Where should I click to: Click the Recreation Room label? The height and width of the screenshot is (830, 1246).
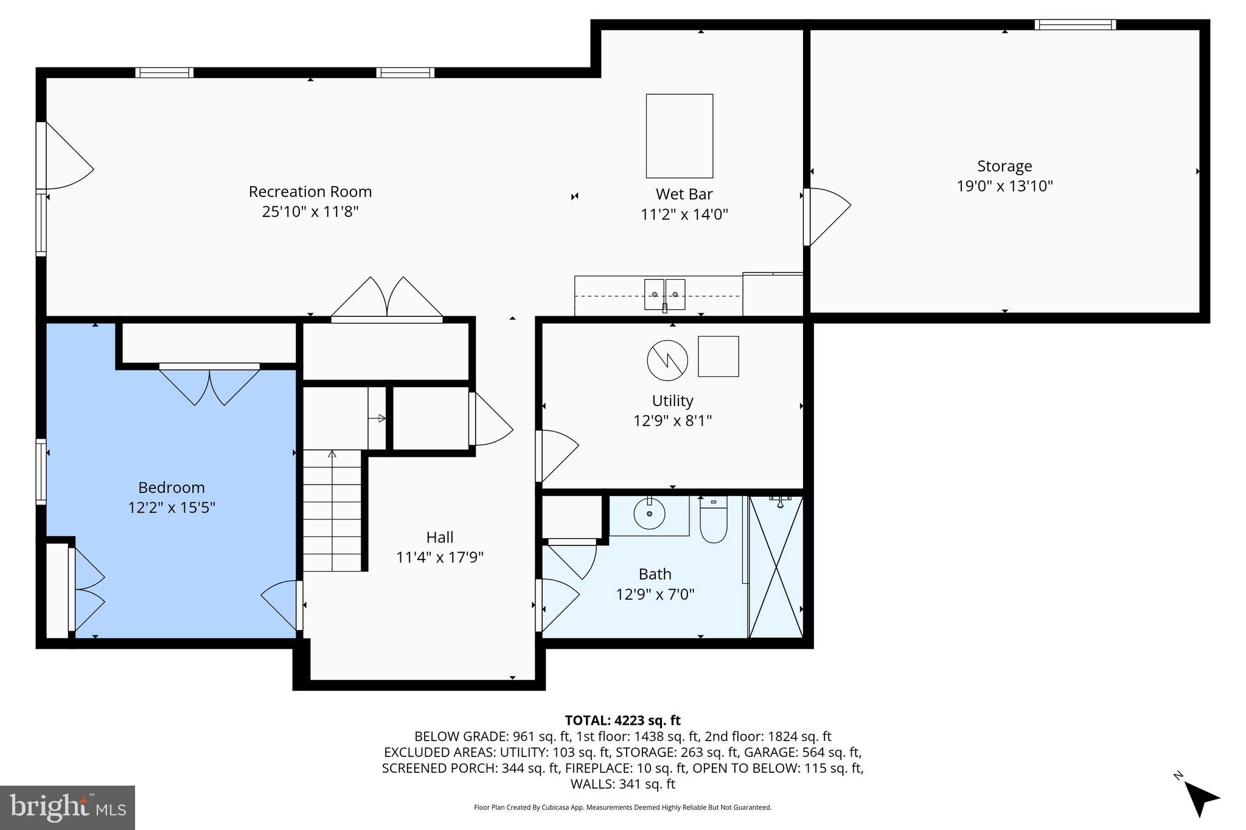[x=310, y=192]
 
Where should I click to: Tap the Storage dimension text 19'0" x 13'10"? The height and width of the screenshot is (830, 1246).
[x=1004, y=186]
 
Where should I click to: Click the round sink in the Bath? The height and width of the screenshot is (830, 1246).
[x=649, y=514]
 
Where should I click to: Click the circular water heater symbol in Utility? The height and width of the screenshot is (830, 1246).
[x=667, y=361]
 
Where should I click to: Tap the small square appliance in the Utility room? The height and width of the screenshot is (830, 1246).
[x=718, y=356]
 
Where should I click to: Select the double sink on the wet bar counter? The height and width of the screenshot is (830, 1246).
[x=664, y=294]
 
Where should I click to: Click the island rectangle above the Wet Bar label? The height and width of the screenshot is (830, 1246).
[x=679, y=136]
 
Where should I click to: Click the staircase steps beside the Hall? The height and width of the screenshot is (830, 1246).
[x=332, y=511]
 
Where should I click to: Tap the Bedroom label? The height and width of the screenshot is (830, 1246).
[x=171, y=488]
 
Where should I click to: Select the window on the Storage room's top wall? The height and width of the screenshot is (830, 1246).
[x=1075, y=25]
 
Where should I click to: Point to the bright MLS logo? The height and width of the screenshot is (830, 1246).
[x=68, y=808]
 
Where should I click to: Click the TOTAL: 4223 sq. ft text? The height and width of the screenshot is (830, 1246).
[x=622, y=721]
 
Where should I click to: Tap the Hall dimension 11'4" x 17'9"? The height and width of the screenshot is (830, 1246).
[x=439, y=558]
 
